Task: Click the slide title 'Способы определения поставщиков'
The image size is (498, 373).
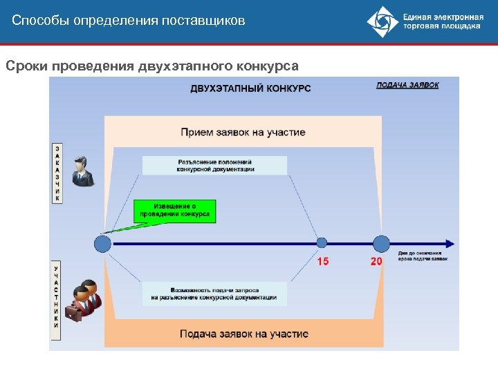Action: click(x=129, y=21)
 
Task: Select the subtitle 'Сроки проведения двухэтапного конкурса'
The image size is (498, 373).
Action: click(x=152, y=66)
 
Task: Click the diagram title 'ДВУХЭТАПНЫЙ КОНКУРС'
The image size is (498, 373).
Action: click(x=250, y=88)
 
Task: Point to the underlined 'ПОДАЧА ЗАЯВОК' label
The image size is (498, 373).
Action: click(x=407, y=85)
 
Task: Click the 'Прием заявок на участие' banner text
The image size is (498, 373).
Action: click(x=243, y=132)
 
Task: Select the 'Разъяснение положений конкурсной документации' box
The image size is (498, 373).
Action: click(x=214, y=165)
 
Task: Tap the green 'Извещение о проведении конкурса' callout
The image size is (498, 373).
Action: click(x=174, y=211)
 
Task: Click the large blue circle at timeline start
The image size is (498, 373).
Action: click(x=102, y=243)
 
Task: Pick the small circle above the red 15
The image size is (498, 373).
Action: click(x=322, y=242)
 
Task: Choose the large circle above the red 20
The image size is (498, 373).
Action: click(x=381, y=243)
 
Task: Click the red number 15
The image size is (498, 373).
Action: click(x=323, y=262)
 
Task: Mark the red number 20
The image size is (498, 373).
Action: click(x=376, y=262)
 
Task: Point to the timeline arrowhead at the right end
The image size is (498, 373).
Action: click(x=450, y=243)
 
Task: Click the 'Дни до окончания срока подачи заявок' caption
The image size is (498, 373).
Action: click(x=423, y=256)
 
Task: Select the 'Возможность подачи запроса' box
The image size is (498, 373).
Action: click(x=214, y=294)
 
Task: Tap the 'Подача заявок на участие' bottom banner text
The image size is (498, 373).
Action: click(x=243, y=334)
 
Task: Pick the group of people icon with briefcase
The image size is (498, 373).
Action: click(x=84, y=299)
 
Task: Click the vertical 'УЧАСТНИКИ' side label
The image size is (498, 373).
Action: click(x=57, y=300)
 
